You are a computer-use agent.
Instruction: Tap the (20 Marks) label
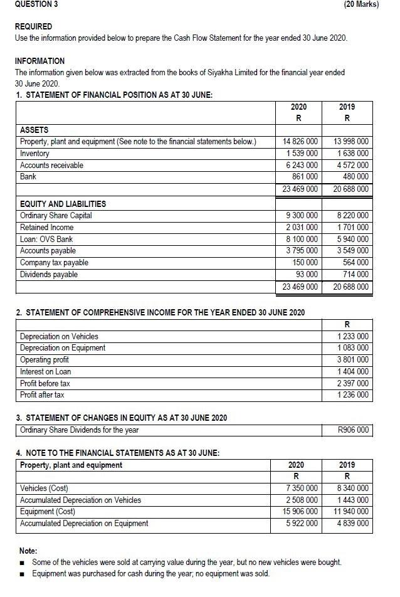pyautogui.click(x=362, y=4)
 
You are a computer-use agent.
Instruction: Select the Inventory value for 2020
pyautogui.click(x=302, y=154)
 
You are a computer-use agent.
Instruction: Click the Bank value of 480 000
pyautogui.click(x=354, y=177)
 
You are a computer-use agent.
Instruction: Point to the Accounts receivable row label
pyautogui.click(x=51, y=166)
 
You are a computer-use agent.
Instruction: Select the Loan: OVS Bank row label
pyautogui.click(x=46, y=239)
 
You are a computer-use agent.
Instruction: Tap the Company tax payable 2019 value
pyautogui.click(x=354, y=263)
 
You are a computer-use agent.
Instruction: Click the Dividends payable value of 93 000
pyautogui.click(x=307, y=275)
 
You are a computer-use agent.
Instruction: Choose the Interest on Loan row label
pyautogui.click(x=45, y=372)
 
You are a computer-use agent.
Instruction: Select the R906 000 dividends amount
pyautogui.click(x=353, y=430)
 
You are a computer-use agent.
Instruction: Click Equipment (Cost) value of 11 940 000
pyautogui.click(x=348, y=512)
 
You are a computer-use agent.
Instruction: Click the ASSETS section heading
pyautogui.click(x=34, y=130)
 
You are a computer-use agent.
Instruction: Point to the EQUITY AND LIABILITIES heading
pyautogui.click(x=63, y=204)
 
